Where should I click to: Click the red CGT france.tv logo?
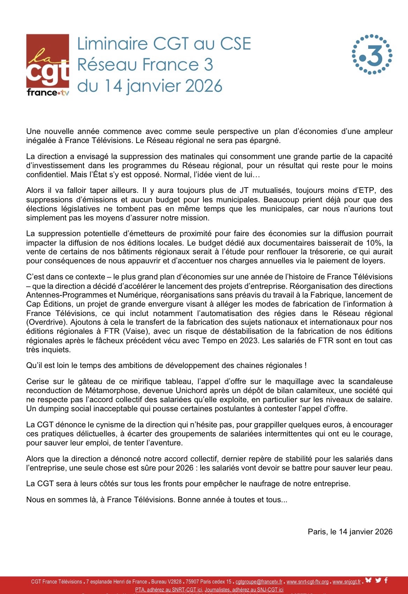(x=48, y=65)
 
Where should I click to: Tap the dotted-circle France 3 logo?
(x=372, y=54)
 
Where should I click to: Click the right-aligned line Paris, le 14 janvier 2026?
(x=350, y=532)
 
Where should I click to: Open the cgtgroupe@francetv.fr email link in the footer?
(x=259, y=582)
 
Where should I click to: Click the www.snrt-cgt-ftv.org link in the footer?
(x=307, y=582)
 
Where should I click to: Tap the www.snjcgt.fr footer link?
(x=347, y=582)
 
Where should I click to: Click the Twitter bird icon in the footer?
(x=378, y=580)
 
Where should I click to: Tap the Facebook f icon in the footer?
(x=386, y=580)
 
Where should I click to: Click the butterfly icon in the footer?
(x=368, y=580)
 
